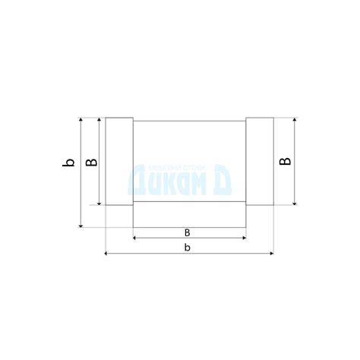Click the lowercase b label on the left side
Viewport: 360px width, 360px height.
pos(68,163)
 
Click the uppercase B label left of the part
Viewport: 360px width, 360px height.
pos(89,162)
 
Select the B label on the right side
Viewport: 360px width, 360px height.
pos(283,161)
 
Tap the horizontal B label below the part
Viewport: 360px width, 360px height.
pos(188,232)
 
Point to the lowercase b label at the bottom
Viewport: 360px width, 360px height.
pos(188,248)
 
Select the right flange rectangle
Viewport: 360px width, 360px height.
pos(258,161)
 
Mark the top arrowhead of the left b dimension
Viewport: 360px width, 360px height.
pos(81,121)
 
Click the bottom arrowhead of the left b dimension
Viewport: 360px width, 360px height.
pos(81,224)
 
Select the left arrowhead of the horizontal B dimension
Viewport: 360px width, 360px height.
pos(135,238)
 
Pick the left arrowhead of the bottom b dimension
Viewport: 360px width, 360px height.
pos(107,254)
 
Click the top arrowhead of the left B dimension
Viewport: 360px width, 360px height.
pos(99,121)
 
